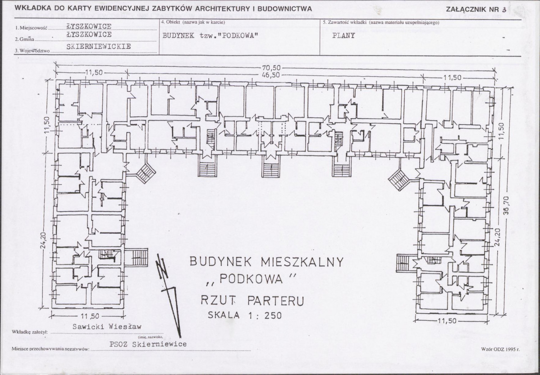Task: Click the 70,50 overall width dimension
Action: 271,68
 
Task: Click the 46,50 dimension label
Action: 271,75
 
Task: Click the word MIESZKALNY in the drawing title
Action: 302,262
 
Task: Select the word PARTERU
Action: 275,301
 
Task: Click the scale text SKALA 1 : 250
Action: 244,315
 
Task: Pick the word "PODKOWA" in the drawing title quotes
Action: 251,278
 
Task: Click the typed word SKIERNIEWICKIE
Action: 99,46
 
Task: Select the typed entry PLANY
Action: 343,35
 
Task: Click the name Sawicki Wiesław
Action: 107,326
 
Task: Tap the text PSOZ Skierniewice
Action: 148,343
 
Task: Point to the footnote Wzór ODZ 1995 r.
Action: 500,349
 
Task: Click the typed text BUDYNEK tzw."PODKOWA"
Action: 210,35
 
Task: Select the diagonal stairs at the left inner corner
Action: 146,173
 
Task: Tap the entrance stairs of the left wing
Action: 136,257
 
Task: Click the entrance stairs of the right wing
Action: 407,263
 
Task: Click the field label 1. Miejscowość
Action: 31,28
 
